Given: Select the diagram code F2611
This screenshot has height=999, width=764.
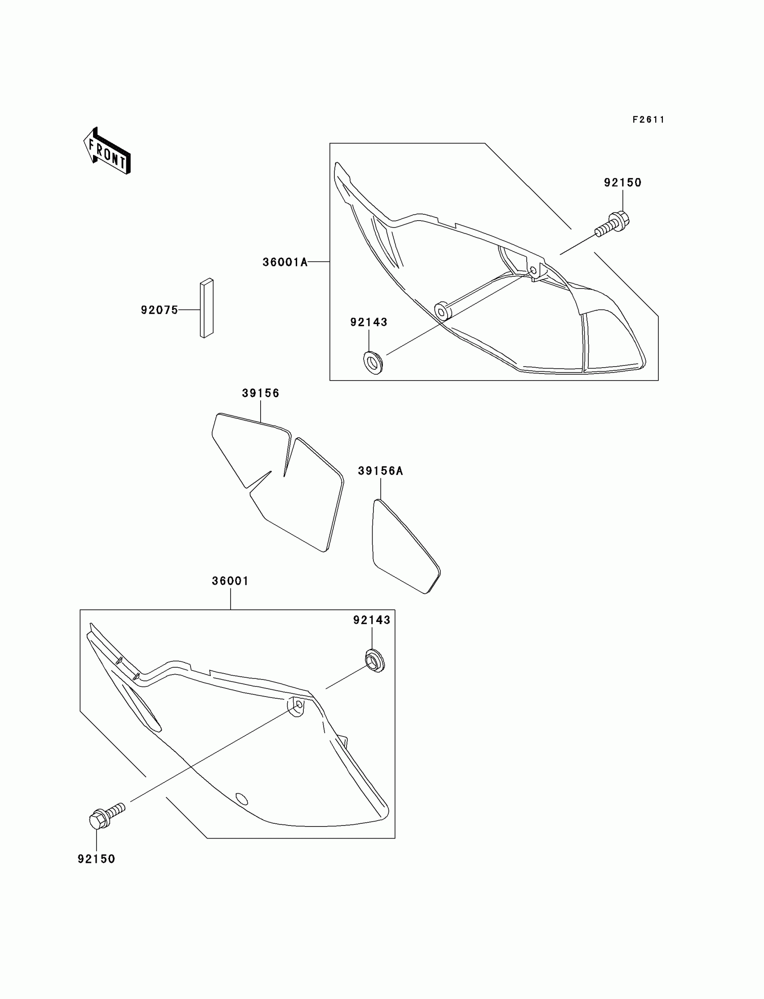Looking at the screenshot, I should tap(648, 120).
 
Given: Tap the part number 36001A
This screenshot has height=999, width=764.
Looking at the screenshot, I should tap(284, 262).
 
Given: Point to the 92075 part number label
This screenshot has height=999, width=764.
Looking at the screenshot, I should tap(159, 310).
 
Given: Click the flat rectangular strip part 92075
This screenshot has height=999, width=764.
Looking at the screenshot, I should tap(206, 308).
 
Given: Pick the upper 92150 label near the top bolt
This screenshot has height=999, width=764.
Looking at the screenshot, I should tap(622, 182).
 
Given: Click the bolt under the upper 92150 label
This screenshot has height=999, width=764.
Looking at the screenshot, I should tap(612, 224).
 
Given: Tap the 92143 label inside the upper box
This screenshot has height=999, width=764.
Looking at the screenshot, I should tap(369, 322).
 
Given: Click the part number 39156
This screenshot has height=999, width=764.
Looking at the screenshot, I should tap(260, 393).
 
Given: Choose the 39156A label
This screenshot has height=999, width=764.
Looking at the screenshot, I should tap(380, 471).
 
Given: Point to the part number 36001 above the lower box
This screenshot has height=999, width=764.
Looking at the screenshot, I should tap(230, 581).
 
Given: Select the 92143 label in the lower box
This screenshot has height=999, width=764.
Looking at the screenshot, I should tap(372, 620).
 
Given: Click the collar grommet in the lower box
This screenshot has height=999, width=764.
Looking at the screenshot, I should tap(375, 661).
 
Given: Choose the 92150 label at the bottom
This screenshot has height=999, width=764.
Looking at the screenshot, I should tap(97, 859).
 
